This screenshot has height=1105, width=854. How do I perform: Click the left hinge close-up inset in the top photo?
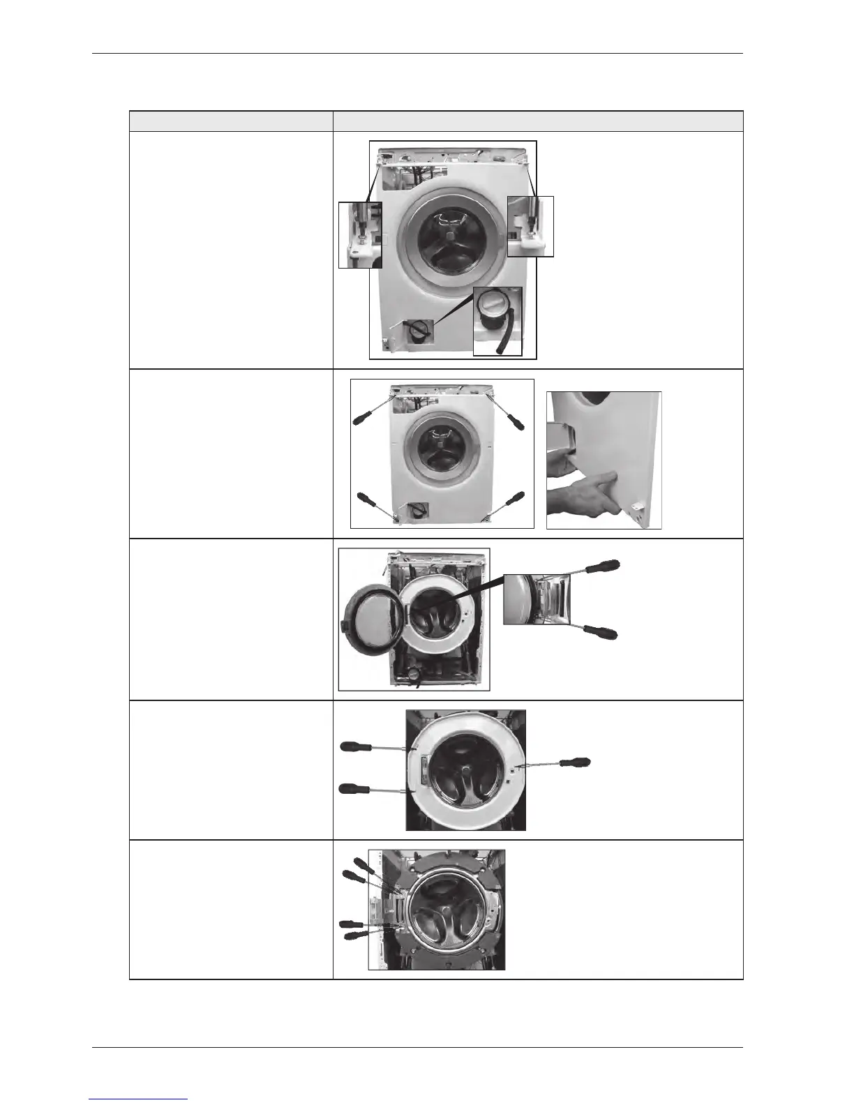coord(360,234)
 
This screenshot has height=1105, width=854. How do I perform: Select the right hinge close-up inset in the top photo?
coord(530,226)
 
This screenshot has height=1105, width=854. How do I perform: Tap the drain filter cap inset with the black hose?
coord(497,320)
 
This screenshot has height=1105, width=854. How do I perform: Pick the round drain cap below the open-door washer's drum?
coord(416,674)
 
